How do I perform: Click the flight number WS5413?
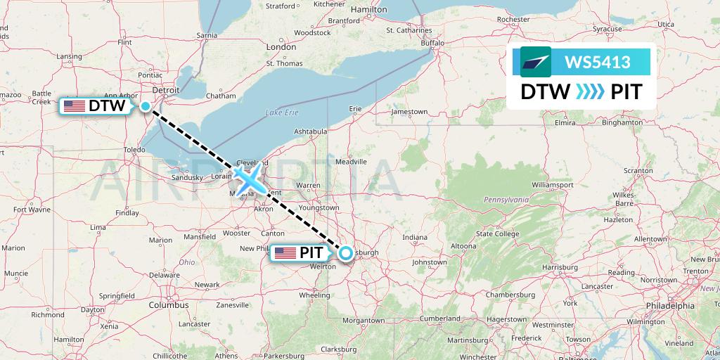(x=597, y=62)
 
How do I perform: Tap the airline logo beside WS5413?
(x=536, y=62)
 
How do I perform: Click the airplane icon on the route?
(x=248, y=179)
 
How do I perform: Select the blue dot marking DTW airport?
(x=145, y=106)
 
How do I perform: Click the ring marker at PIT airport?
(x=346, y=253)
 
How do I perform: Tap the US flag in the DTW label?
(x=75, y=106)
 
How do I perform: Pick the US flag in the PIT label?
(x=285, y=252)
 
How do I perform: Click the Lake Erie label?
(x=282, y=112)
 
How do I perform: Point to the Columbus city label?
(x=168, y=305)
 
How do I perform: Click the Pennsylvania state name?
(x=506, y=200)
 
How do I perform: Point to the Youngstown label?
(x=319, y=207)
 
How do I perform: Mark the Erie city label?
(x=356, y=108)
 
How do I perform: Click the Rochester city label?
(x=513, y=19)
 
